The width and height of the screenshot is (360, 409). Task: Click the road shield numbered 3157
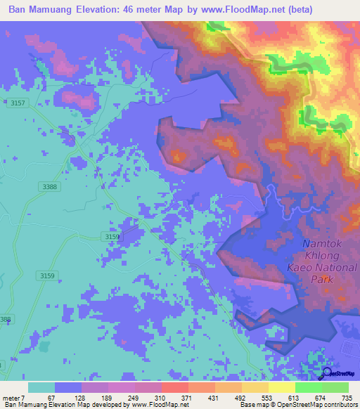click(18, 103)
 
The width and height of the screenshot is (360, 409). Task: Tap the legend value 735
click(346, 398)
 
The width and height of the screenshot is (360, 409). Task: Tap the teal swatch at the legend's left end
click(41, 387)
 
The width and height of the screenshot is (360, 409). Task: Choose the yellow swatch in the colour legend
click(281, 387)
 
